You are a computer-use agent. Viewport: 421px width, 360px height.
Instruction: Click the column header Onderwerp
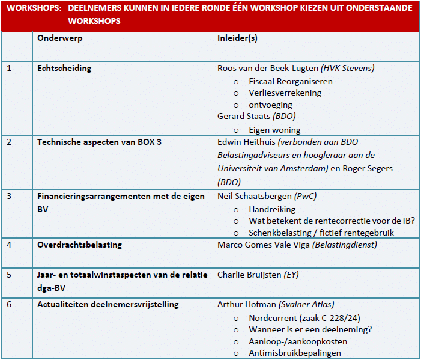coord(60,38)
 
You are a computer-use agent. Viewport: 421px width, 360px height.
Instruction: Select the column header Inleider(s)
coord(237,38)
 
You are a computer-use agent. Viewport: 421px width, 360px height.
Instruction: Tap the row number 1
coord(9,68)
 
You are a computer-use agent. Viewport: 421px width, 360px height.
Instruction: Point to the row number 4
coord(9,245)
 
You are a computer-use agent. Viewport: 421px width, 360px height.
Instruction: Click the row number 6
coord(9,304)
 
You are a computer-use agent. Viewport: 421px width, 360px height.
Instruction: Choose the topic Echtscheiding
coord(64,68)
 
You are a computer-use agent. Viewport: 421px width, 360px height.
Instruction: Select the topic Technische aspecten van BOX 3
coord(99,142)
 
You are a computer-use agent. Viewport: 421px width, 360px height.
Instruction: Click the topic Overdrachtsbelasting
coord(79,245)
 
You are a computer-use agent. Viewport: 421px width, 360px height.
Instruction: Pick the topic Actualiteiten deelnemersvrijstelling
coord(108,304)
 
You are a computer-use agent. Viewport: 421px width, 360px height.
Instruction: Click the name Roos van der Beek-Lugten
coord(268,68)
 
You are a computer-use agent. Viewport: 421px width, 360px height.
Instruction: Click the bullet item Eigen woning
coord(274,130)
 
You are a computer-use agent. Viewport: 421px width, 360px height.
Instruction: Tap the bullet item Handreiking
coord(272,209)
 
